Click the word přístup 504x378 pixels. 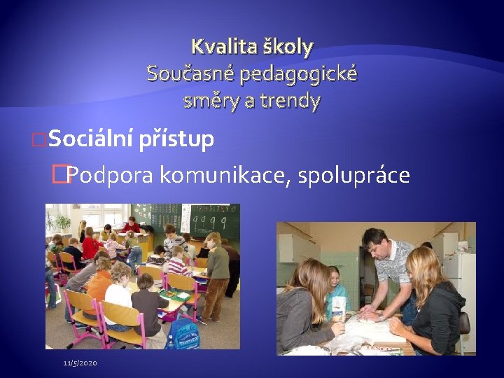(x=176, y=140)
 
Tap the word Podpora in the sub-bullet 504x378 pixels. (x=111, y=175)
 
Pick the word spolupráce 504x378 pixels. (x=353, y=175)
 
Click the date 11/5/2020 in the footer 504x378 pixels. (x=80, y=363)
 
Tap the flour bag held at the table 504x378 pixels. (x=339, y=308)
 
